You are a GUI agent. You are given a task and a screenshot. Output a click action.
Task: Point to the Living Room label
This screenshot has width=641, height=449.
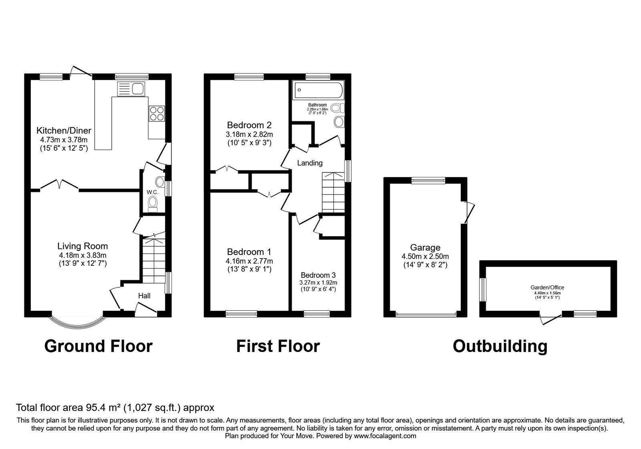[x=83, y=246]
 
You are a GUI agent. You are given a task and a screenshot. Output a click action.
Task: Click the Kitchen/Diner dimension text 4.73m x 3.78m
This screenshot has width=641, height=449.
[x=64, y=140]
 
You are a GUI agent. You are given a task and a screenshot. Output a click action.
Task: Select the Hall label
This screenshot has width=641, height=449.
[x=144, y=296]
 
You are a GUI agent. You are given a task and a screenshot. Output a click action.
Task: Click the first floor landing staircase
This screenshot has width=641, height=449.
[x=333, y=192]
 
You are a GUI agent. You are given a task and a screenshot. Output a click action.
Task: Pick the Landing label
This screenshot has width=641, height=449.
[x=310, y=163]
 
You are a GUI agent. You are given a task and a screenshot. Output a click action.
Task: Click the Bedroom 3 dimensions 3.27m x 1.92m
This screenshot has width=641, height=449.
[x=318, y=283]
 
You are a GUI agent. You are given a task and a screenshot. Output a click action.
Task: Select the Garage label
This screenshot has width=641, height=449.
[x=425, y=248]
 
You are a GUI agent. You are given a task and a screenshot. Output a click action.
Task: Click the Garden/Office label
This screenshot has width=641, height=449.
[x=547, y=287]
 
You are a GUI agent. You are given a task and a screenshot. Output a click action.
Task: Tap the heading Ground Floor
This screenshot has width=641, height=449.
[x=98, y=346]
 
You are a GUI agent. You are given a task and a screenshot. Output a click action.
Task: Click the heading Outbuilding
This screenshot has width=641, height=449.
[x=500, y=346]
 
